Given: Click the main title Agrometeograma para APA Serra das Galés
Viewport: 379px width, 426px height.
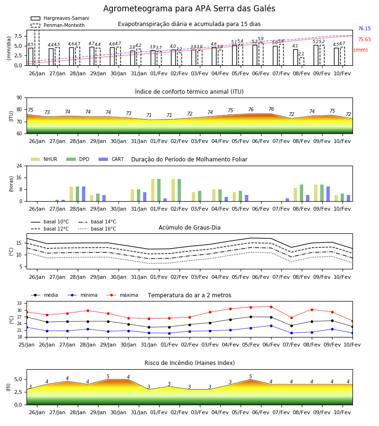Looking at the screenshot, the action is (189, 9).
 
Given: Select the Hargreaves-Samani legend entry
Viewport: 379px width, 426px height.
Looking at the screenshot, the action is (60, 18).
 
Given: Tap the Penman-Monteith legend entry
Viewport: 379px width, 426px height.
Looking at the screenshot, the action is (58, 25).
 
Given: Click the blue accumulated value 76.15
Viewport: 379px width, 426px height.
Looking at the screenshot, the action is (364, 28).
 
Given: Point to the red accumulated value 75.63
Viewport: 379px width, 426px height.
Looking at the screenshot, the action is (364, 39).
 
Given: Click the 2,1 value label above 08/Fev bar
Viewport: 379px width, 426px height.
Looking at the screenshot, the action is (301, 54).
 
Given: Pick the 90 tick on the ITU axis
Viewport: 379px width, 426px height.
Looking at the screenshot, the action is (19, 98).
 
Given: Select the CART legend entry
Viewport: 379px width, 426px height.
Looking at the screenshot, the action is (111, 159).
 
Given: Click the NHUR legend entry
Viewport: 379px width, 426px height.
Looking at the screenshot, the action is (44, 159).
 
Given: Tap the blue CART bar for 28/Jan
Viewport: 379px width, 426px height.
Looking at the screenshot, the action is (84, 194).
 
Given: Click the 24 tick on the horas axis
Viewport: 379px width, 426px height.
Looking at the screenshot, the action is (19, 166).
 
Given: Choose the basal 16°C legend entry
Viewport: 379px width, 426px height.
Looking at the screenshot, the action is (97, 229).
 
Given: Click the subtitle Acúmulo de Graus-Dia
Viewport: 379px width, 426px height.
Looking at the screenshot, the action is (189, 228).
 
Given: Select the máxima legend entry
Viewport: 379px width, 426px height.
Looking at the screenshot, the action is (122, 295).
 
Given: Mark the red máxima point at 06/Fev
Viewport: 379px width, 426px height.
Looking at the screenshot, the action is (271, 307).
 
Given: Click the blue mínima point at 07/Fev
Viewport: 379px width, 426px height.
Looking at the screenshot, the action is (291, 333).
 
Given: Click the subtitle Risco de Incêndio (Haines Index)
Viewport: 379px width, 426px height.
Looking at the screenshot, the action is (189, 363).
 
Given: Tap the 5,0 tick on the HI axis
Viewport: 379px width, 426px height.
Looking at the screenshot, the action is (18, 379).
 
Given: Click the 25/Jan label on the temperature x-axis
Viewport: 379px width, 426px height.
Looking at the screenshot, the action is (27, 345).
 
